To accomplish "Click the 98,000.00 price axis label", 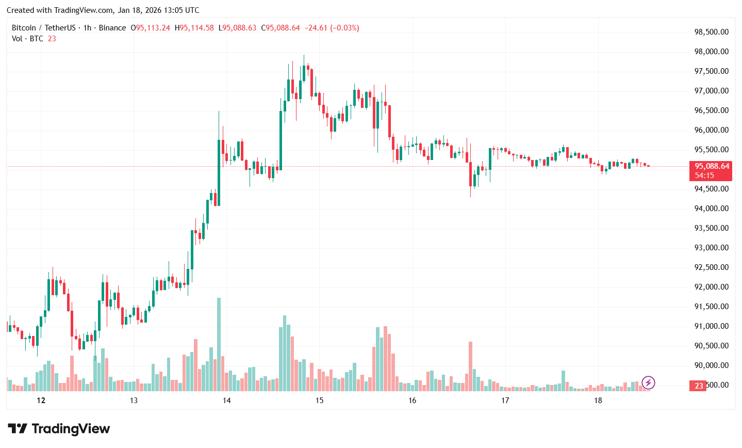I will (711, 52).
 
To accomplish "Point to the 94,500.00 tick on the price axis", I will (711, 189).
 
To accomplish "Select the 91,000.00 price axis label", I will (711, 326).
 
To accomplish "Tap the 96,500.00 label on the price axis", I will (711, 110).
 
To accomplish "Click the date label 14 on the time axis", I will (226, 401).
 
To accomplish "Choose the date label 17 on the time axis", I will (505, 401).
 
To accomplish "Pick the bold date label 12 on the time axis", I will (41, 401).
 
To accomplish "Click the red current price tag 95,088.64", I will (712, 166).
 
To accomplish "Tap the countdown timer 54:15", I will (704, 175).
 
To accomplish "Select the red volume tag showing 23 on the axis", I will (699, 386).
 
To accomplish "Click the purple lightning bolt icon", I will (648, 382).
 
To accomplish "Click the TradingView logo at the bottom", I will (59, 429).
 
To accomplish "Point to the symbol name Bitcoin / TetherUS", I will (43, 28).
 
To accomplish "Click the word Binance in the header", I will (112, 28).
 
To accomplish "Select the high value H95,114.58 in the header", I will (194, 28).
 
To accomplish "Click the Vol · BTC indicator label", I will (27, 39).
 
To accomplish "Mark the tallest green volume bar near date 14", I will (219, 344).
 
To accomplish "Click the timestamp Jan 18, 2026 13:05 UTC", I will (158, 10).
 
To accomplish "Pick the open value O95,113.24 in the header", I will (150, 28).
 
